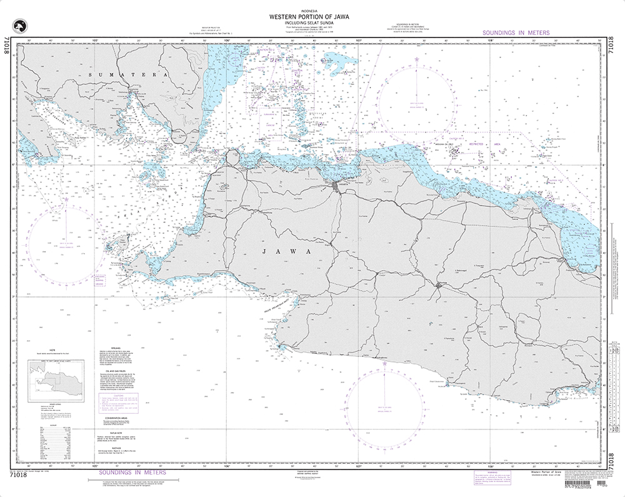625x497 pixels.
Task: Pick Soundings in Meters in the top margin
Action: (516, 33)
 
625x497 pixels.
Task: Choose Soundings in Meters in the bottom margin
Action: (133, 473)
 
